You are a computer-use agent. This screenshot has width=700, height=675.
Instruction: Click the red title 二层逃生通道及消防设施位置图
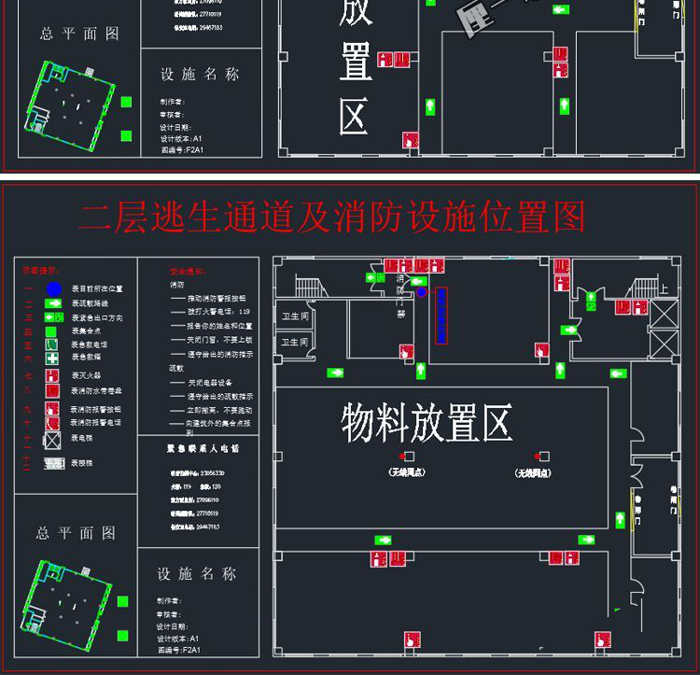pyautogui.click(x=332, y=217)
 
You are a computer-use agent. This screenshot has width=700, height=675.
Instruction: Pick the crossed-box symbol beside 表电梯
pyautogui.click(x=53, y=438)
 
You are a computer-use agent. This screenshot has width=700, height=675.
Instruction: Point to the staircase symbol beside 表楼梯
pyautogui.click(x=54, y=464)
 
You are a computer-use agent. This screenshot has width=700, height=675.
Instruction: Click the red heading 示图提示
pyautogui.click(x=38, y=270)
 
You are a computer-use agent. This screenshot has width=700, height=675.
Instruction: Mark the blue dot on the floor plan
pyautogui.click(x=421, y=292)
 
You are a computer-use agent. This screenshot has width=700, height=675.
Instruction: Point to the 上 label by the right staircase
pyautogui.click(x=664, y=289)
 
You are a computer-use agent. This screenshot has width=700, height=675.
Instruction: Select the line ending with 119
pyautogui.click(x=210, y=311)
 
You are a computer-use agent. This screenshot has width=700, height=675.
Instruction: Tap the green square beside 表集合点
pyautogui.click(x=53, y=331)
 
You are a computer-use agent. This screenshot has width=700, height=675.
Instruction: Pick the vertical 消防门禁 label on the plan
pyautogui.click(x=400, y=296)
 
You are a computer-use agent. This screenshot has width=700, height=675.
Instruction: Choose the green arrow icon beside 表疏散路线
pyautogui.click(x=53, y=303)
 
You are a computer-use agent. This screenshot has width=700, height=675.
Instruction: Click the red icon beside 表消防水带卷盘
pyautogui.click(x=53, y=390)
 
